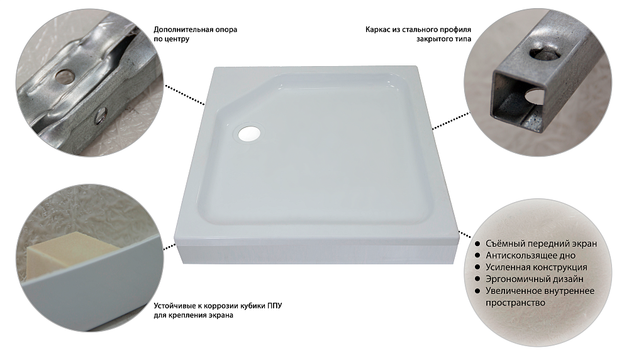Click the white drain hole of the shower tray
(250, 133)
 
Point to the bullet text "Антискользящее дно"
(530, 256)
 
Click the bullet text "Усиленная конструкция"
(537, 267)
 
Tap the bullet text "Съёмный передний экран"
(541, 244)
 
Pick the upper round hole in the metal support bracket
(64, 75)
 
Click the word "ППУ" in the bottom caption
(274, 306)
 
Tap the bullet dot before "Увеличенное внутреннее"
(477, 291)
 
